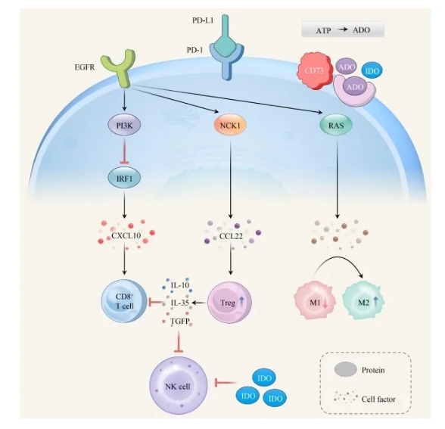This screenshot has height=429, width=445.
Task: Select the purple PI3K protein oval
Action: click(124, 125)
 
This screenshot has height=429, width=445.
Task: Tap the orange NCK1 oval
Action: click(230, 125)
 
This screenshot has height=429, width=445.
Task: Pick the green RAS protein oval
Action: click(336, 125)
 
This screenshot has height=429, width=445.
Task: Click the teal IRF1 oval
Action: click(124, 179)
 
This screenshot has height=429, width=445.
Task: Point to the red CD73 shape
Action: click(315, 70)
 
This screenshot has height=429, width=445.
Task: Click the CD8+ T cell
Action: click(124, 302)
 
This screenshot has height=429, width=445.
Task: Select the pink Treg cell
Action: click(229, 303)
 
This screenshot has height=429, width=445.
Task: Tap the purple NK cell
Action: click(179, 386)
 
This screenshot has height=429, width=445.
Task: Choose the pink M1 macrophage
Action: click(315, 301)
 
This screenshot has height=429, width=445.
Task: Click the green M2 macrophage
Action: click(363, 301)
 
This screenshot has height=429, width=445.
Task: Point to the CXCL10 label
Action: click(126, 236)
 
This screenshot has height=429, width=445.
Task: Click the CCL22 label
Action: click(231, 236)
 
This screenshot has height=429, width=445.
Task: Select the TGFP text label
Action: click(180, 321)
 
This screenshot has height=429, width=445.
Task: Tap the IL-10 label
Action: click(180, 284)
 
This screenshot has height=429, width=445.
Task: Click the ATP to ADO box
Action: click(343, 30)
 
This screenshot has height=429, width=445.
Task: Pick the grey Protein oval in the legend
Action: click(345, 369)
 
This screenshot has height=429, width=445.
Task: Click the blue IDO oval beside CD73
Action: click(372, 70)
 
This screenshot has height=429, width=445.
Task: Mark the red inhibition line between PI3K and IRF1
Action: click(124, 151)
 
